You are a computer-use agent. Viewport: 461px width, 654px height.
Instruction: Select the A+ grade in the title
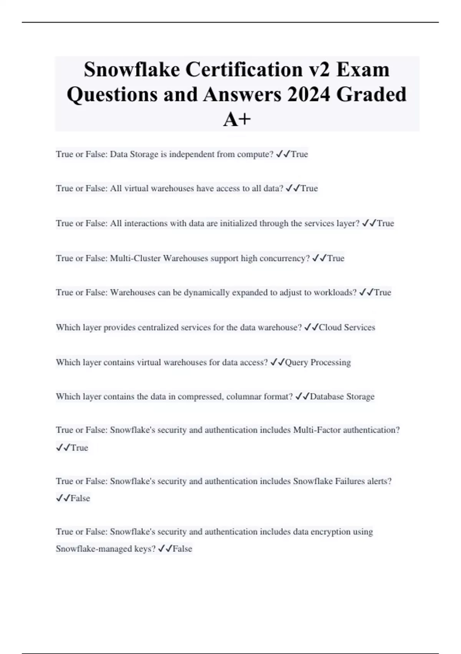tap(237, 119)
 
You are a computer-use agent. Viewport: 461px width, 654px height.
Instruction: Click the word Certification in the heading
tap(244, 70)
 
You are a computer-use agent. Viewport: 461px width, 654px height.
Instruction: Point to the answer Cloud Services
tap(347, 327)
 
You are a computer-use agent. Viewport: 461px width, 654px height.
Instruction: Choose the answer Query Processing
tap(318, 362)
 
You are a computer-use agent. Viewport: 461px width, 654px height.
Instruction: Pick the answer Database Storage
tap(342, 397)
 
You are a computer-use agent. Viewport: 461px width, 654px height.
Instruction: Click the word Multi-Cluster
tap(135, 258)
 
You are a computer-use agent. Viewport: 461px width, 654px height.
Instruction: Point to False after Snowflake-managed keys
tap(182, 549)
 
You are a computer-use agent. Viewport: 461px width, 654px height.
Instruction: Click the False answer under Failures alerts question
tap(80, 499)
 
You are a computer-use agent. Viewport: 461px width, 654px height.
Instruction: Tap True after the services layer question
tap(385, 224)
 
